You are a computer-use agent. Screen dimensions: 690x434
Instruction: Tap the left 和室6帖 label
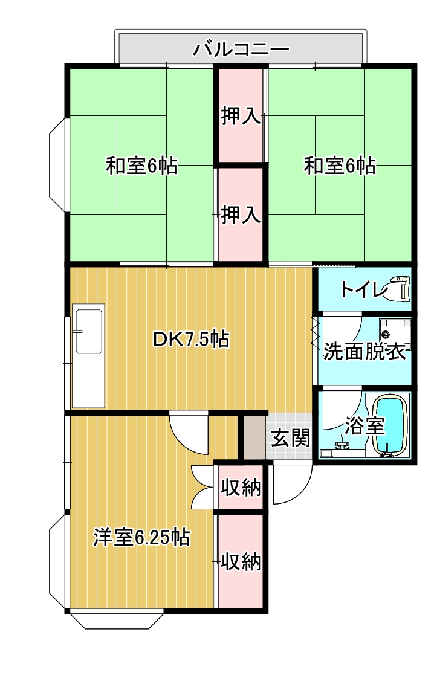click(141, 166)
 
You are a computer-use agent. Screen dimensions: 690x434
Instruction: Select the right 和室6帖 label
click(339, 166)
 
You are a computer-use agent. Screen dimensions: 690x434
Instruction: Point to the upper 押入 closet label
click(241, 116)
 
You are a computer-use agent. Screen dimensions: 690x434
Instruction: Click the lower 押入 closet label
click(241, 214)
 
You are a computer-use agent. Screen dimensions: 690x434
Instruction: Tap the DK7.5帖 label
click(190, 340)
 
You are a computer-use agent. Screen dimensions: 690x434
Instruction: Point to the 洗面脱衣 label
click(364, 352)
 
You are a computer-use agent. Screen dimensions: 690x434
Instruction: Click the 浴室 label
click(364, 425)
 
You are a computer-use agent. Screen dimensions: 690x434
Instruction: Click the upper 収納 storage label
click(241, 487)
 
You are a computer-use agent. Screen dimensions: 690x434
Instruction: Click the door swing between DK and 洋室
click(189, 430)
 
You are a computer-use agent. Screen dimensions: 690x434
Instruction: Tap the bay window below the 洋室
click(117, 620)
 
